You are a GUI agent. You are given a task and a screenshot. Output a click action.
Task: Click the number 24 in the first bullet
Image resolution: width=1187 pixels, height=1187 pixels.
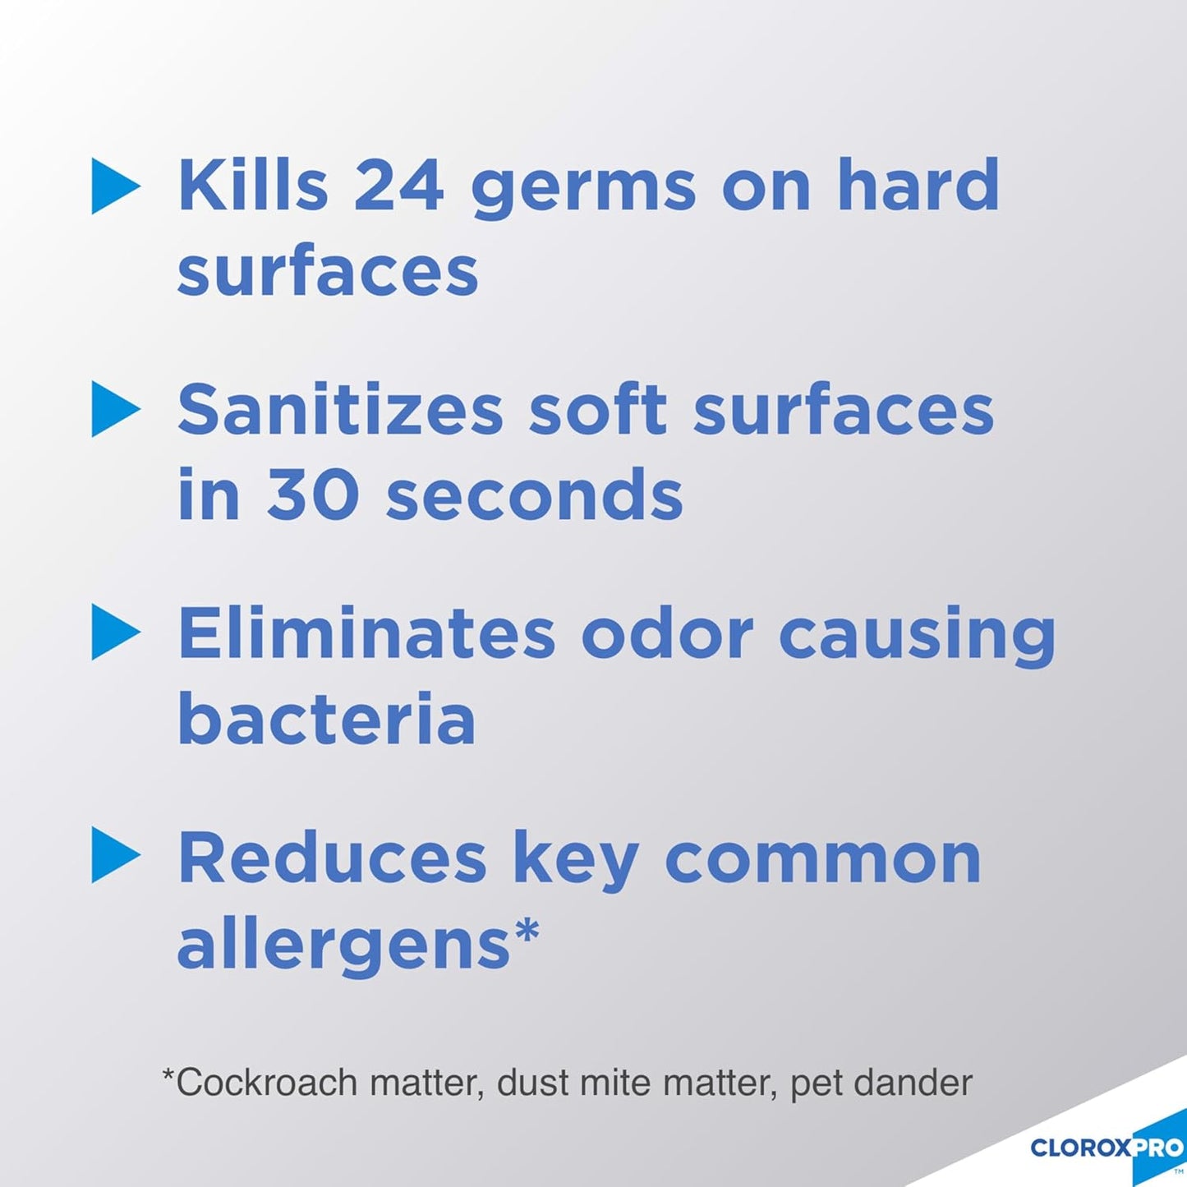(x=398, y=186)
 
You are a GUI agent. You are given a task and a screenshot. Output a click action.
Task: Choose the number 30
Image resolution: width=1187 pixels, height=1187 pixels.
(x=313, y=495)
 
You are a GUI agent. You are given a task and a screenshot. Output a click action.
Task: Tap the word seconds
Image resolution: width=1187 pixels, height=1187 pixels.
(x=535, y=495)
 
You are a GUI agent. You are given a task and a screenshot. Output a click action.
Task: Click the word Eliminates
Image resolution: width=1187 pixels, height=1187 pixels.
(x=366, y=633)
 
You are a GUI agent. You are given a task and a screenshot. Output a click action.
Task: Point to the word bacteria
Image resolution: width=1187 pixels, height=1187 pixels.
(x=327, y=719)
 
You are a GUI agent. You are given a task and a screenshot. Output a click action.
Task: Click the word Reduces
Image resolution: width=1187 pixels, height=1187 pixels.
(x=333, y=858)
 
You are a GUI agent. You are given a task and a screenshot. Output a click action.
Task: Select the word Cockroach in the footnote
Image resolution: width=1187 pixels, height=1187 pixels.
(x=268, y=1083)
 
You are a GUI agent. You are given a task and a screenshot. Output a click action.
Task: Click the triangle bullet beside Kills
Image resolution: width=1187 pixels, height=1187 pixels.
(x=114, y=186)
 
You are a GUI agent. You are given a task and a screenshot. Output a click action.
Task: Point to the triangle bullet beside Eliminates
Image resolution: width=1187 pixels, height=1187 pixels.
(x=114, y=632)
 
